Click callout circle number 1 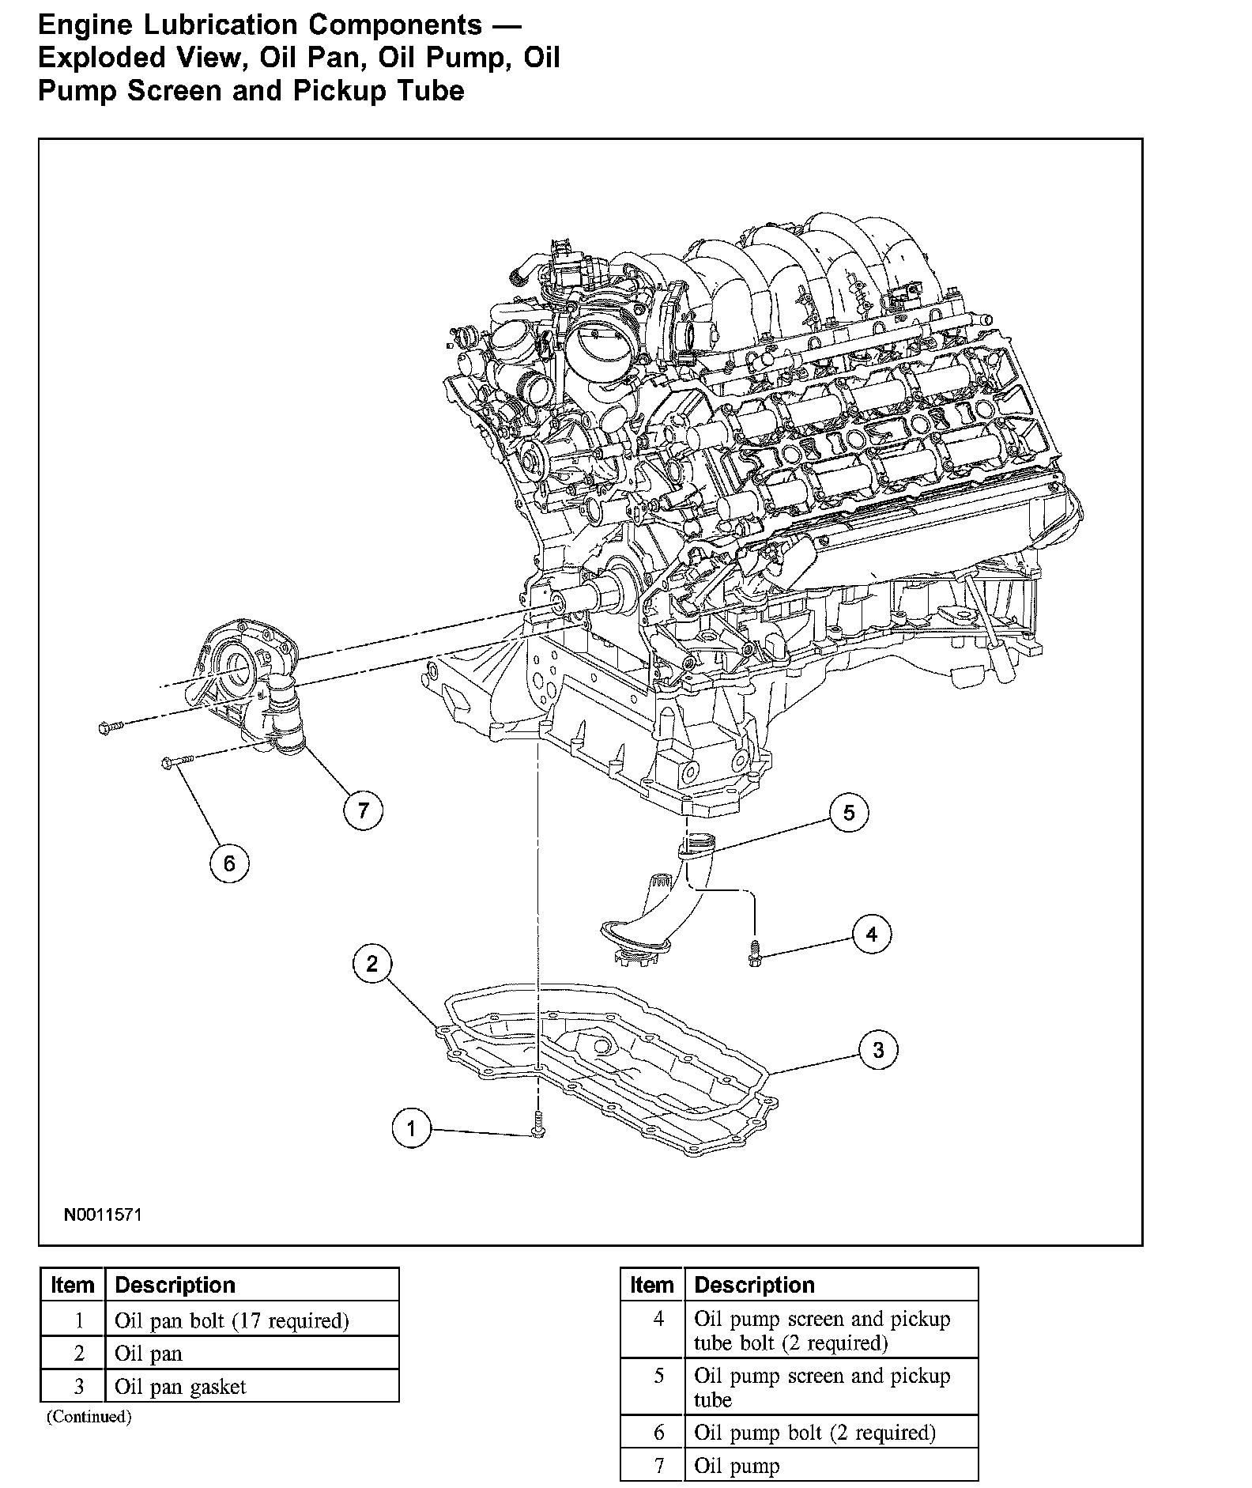pos(411,1128)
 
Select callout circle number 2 pos(372,963)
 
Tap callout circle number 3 pos(879,1050)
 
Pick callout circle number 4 pos(872,935)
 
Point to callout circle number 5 pos(849,813)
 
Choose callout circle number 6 pos(229,863)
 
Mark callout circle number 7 pos(363,810)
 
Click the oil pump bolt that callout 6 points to pos(177,761)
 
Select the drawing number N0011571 pos(104,1214)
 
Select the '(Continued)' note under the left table pos(89,1416)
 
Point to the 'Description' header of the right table pos(754,1285)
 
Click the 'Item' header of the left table pos(73,1285)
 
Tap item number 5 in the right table pos(659,1376)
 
